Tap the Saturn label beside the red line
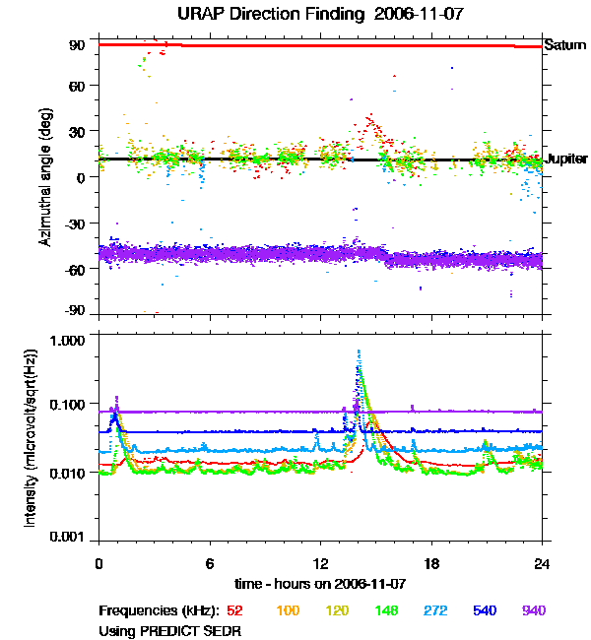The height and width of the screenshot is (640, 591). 565,45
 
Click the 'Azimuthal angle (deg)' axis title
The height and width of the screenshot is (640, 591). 45,177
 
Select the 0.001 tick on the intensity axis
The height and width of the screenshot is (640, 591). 70,537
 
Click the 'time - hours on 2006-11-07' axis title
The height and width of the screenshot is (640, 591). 320,584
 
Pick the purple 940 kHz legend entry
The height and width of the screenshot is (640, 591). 534,610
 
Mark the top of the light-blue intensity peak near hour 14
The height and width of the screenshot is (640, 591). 359,351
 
